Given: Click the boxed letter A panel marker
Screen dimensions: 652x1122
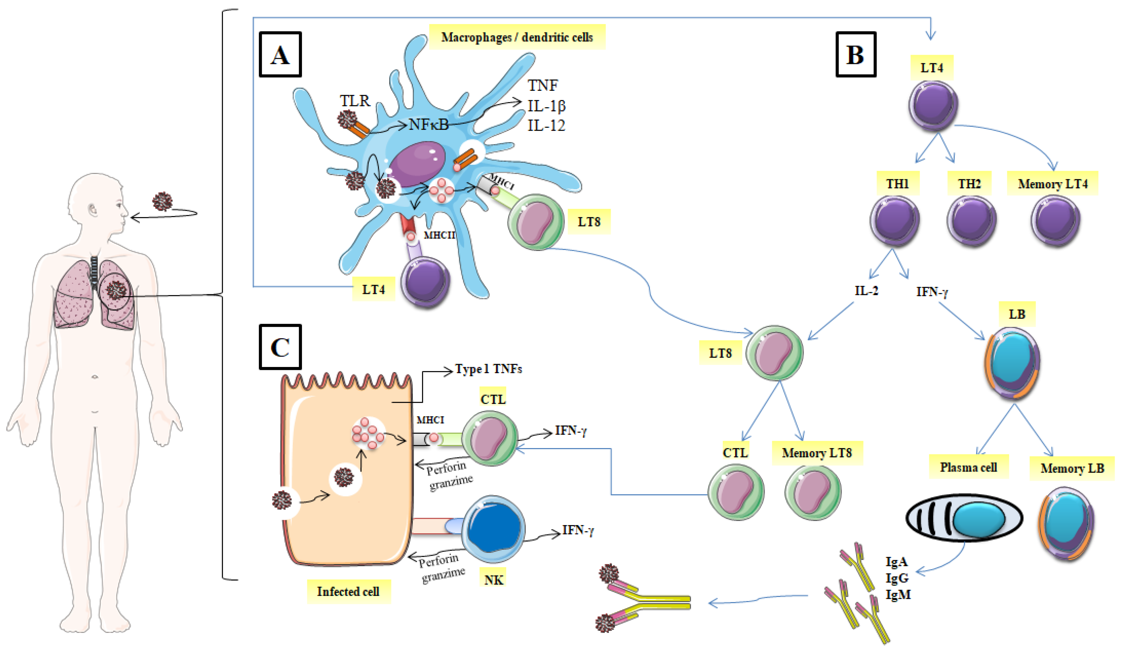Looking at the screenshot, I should (x=280, y=54).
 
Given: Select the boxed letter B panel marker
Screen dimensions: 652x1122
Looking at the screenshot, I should (x=855, y=54).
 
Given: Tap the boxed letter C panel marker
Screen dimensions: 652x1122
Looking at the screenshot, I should (x=280, y=347).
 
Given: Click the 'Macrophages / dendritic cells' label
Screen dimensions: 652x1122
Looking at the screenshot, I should (x=516, y=37).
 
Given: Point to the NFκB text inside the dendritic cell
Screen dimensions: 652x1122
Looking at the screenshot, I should (x=428, y=124).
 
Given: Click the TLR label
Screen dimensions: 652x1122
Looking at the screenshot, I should (x=355, y=101).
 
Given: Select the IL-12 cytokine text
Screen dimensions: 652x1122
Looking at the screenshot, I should (x=546, y=125).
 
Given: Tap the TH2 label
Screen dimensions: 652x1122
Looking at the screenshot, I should (x=969, y=183).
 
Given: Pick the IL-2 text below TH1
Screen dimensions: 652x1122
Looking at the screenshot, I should (x=866, y=291).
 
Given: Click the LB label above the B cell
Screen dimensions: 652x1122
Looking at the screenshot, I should (x=1017, y=314).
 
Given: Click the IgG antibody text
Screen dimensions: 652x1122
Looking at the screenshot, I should (x=897, y=578).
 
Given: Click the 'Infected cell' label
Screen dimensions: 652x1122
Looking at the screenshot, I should (x=348, y=591).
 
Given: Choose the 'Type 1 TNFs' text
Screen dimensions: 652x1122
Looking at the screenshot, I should (x=488, y=369).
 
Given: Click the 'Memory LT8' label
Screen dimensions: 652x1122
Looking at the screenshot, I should (x=816, y=453).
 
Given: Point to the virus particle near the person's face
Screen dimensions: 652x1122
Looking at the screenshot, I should (x=162, y=201).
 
